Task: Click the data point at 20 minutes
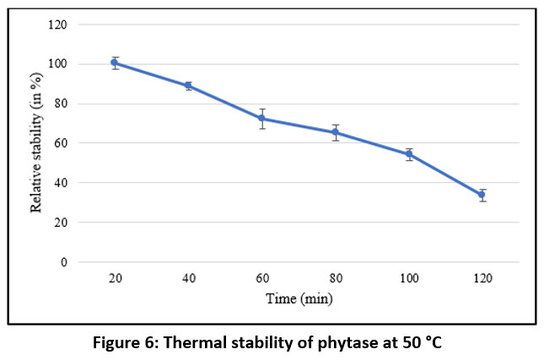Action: (x=114, y=62)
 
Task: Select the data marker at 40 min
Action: (x=188, y=85)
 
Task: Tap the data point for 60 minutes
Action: (x=262, y=118)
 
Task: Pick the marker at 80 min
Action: (x=336, y=132)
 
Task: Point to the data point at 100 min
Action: (x=409, y=154)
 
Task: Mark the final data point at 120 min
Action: (x=482, y=195)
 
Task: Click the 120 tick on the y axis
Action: (x=58, y=24)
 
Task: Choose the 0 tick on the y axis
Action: (x=63, y=262)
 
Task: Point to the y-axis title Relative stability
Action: (x=36, y=143)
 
